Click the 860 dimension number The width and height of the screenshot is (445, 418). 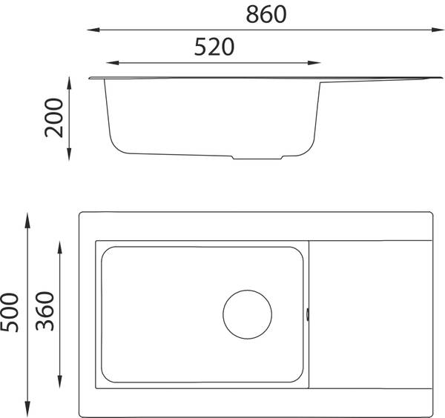[266, 15]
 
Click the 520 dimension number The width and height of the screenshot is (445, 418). [214, 47]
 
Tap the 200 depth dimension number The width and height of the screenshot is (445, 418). [53, 118]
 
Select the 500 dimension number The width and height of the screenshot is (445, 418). [10, 313]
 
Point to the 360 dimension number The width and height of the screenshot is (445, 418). [44, 311]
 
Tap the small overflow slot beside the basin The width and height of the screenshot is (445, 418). [308, 315]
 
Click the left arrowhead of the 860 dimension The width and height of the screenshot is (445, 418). [93, 30]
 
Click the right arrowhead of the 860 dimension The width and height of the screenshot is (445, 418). [438, 30]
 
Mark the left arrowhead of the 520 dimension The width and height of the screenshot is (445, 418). [113, 63]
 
